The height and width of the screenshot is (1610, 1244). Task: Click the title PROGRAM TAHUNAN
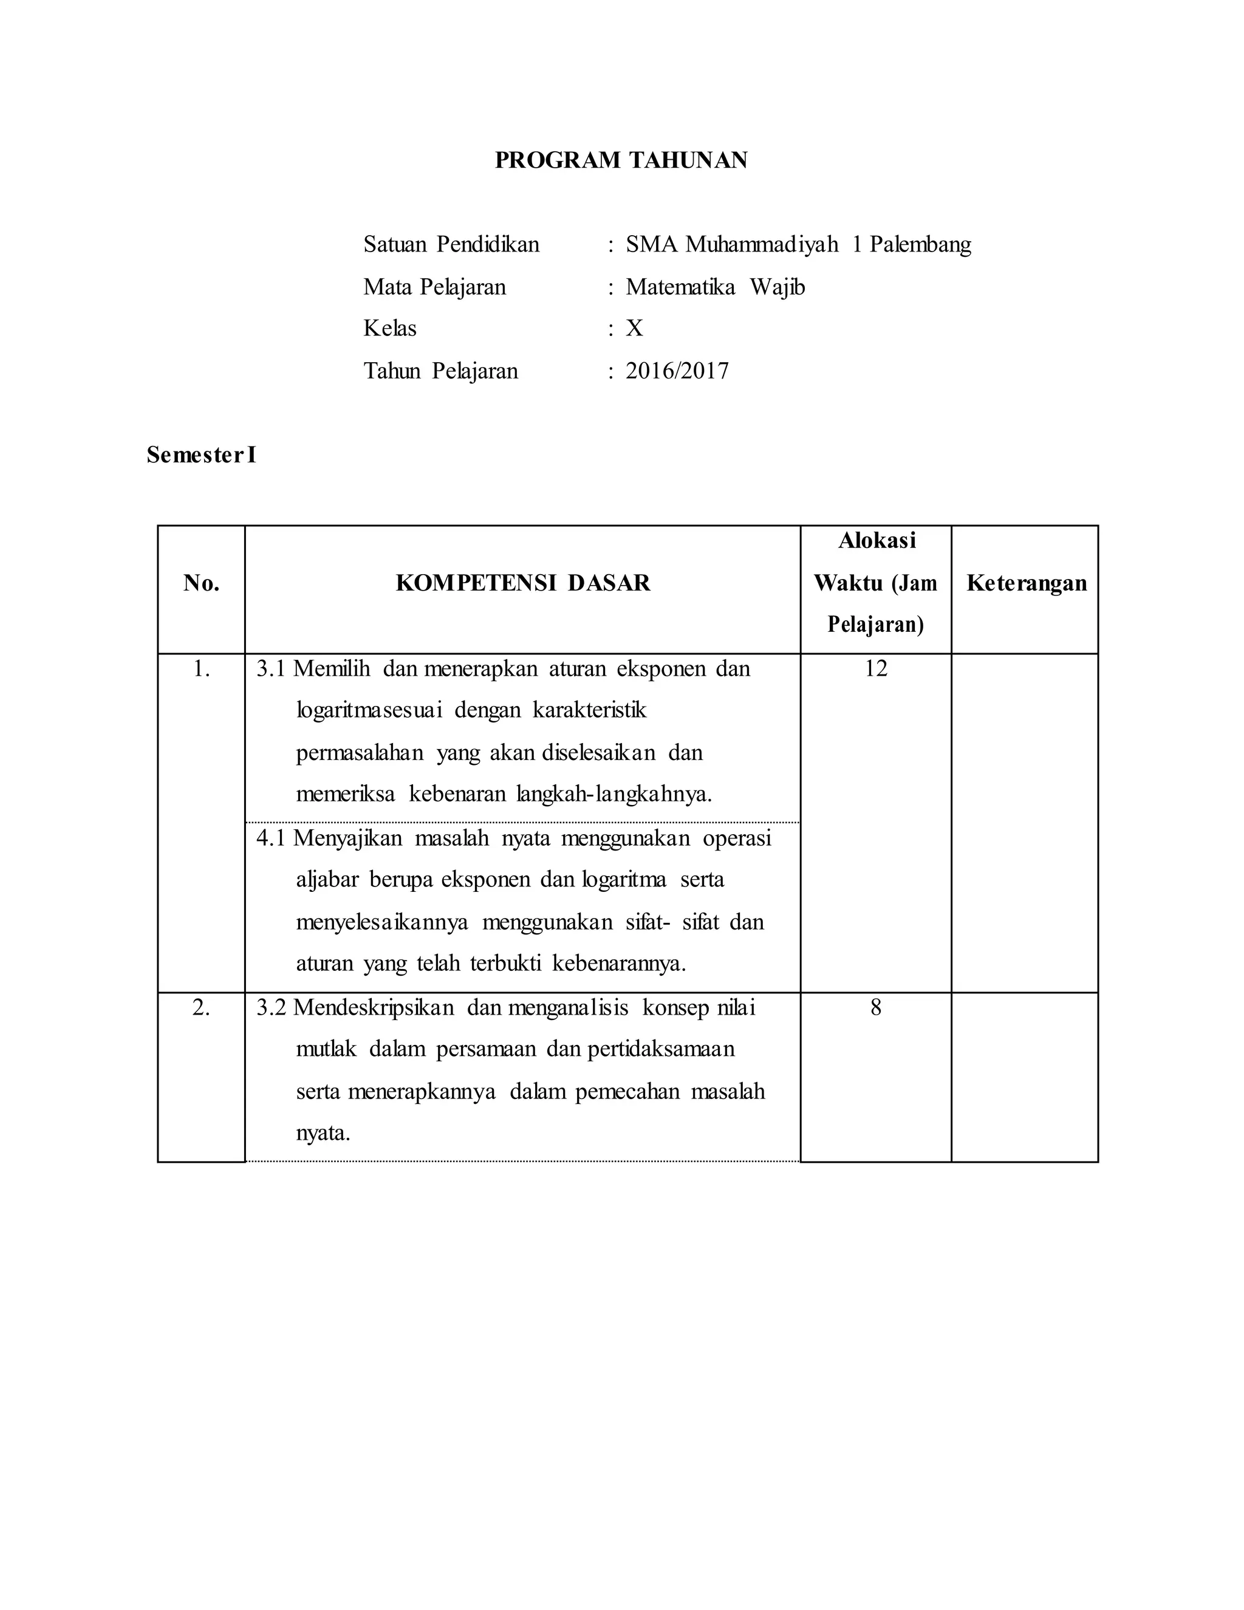click(621, 160)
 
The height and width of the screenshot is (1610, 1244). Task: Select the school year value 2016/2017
click(677, 371)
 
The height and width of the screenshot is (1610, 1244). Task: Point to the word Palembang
click(920, 244)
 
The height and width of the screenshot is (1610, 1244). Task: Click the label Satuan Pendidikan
click(451, 244)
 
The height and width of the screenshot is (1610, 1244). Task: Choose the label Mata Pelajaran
click(434, 287)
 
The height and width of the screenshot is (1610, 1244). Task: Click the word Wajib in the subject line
click(777, 287)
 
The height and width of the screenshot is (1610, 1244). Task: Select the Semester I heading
click(200, 455)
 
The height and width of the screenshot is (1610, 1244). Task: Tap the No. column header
click(201, 583)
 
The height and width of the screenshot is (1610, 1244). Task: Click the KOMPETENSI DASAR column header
click(522, 583)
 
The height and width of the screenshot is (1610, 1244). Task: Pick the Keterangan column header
click(1026, 583)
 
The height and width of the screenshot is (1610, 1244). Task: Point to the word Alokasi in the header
click(877, 540)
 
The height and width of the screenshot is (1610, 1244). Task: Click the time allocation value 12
click(875, 669)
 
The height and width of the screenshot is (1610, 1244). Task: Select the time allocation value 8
click(875, 1007)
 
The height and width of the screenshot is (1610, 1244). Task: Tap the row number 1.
click(201, 669)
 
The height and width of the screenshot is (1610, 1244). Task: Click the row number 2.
click(201, 1007)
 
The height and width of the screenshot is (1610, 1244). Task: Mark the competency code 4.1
click(270, 838)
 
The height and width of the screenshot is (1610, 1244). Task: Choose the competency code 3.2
click(270, 1007)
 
